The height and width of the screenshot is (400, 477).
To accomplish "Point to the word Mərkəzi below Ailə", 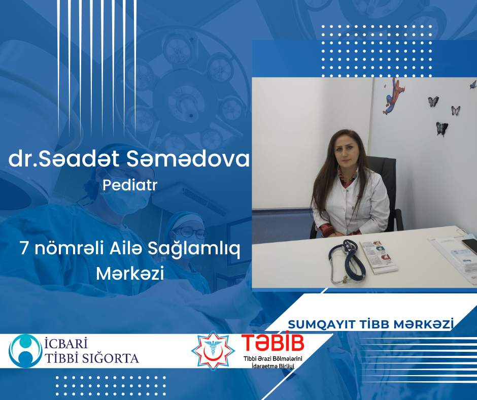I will pos(130,275).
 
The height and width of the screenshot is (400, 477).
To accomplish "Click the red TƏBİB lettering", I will pos(272,344).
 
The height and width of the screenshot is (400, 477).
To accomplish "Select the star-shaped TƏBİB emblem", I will pos(213,351).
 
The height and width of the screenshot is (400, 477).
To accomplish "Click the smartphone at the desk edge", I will pos(470,247).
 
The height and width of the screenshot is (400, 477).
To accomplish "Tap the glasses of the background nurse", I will pos(193,232).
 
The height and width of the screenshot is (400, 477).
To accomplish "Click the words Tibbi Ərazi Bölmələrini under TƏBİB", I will pos(272,359).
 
